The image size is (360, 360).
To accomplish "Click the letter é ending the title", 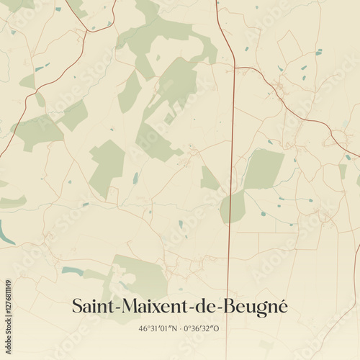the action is pos(282,306).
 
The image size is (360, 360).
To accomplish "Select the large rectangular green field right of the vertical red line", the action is pos(264,169).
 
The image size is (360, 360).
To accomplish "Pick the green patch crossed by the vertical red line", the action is pos(232,207).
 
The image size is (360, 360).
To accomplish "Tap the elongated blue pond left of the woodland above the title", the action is pos(72,271).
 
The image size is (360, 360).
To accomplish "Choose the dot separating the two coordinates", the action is pos(179,328).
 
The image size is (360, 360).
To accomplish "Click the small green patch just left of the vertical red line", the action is pos(209,179).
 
